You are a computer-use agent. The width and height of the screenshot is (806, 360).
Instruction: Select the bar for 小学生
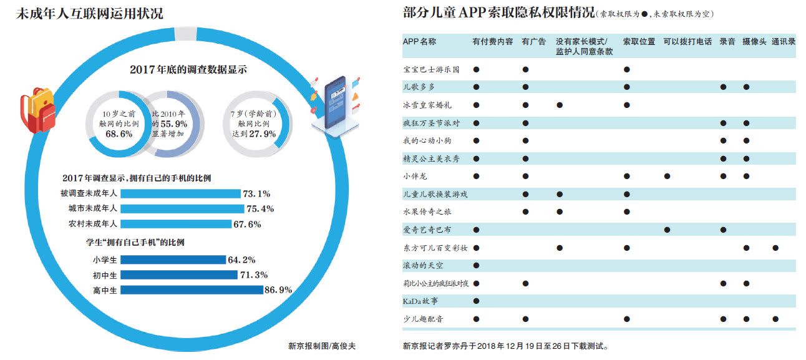(x=173, y=260)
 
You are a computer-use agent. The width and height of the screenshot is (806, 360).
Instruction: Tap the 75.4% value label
(x=260, y=209)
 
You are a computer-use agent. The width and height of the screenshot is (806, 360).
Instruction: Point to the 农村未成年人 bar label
(x=89, y=224)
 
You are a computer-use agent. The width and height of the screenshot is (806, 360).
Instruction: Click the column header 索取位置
(x=638, y=42)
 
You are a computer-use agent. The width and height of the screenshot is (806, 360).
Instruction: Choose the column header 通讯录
(x=783, y=42)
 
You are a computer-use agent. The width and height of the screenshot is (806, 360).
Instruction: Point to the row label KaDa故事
(x=421, y=301)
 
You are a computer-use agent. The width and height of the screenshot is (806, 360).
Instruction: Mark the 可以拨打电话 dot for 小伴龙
(x=667, y=177)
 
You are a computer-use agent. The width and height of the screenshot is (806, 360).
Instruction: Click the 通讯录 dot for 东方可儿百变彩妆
(x=775, y=248)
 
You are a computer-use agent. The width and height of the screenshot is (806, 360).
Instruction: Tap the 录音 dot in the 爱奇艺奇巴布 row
(x=723, y=230)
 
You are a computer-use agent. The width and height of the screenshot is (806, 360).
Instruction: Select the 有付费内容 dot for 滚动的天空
(x=476, y=266)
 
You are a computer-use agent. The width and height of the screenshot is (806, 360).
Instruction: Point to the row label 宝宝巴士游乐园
(x=431, y=69)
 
